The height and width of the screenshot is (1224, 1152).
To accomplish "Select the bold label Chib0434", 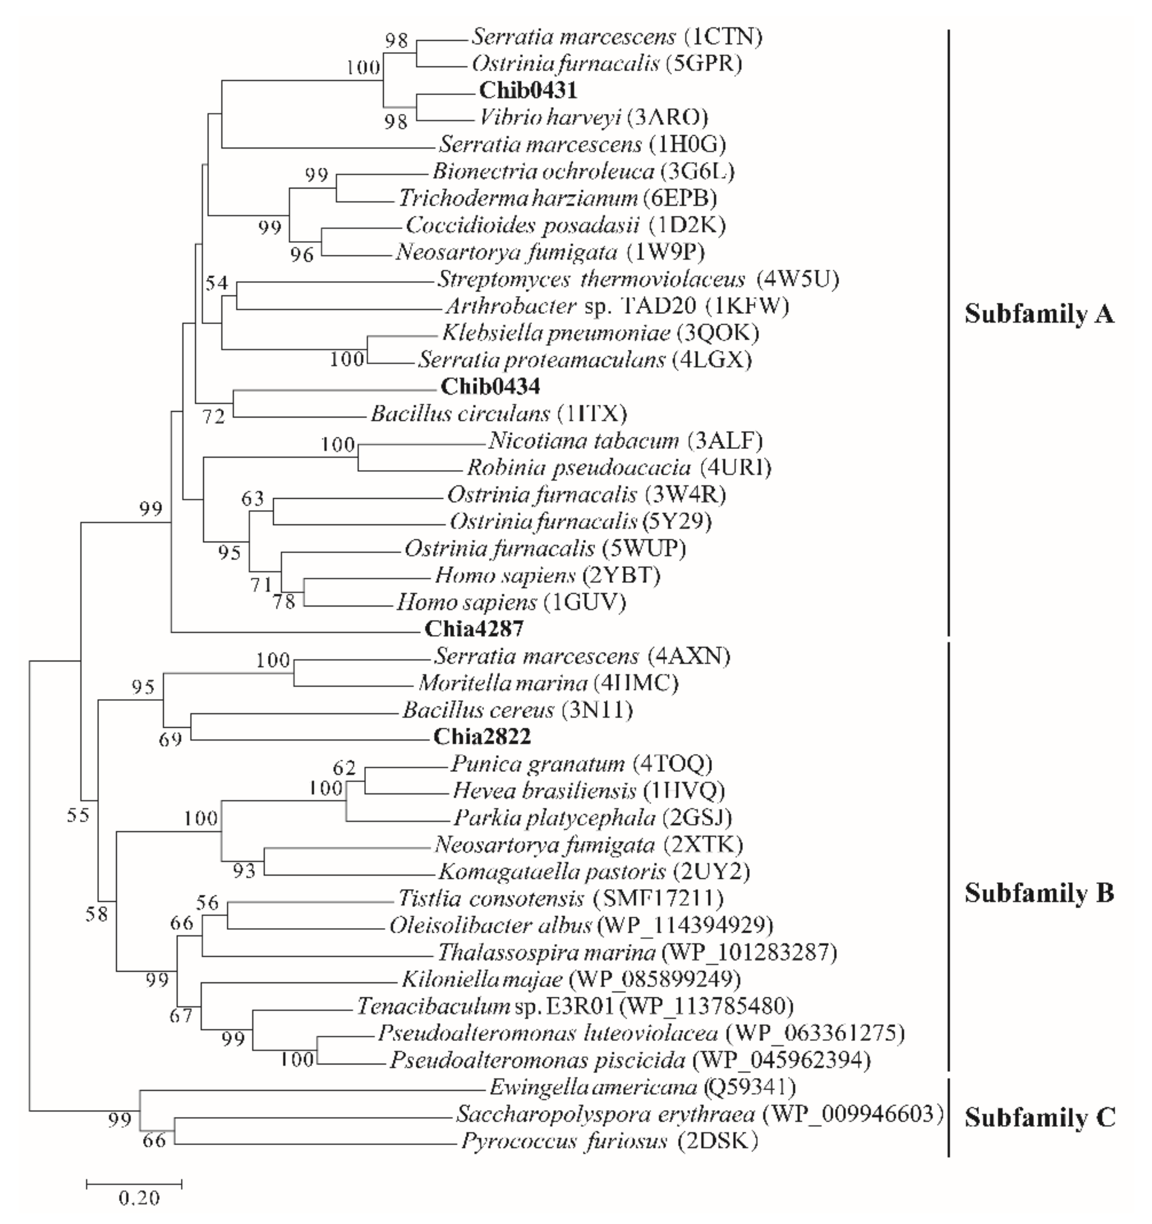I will click(x=490, y=387).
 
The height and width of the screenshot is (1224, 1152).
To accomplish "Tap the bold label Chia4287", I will click(x=474, y=629).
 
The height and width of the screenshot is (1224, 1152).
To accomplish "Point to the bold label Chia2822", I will click(x=482, y=736).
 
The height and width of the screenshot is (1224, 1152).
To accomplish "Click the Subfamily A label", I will click(x=1039, y=314).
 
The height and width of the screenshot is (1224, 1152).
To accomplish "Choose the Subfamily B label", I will click(x=1039, y=893).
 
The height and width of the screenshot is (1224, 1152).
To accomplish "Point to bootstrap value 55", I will click(x=79, y=815).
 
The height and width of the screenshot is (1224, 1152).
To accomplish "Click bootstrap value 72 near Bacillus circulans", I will click(x=214, y=417).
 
